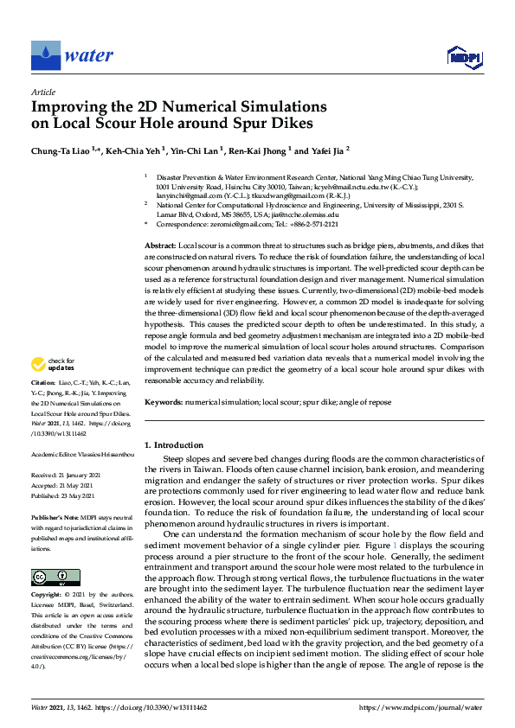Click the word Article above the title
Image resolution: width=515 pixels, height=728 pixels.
(x=43, y=91)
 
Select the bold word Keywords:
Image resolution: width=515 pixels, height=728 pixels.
(x=164, y=403)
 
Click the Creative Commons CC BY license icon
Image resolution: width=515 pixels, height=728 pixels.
(x=49, y=577)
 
